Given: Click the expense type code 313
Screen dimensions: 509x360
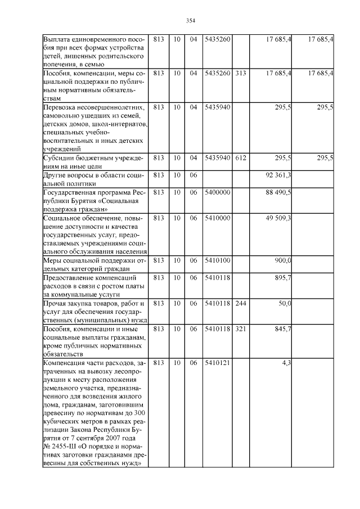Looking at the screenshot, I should click(x=241, y=73).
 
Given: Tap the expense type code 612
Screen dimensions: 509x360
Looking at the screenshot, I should click(x=241, y=158).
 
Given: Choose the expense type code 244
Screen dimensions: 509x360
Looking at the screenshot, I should click(x=241, y=304).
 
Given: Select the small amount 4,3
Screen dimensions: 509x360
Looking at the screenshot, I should click(x=286, y=363).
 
